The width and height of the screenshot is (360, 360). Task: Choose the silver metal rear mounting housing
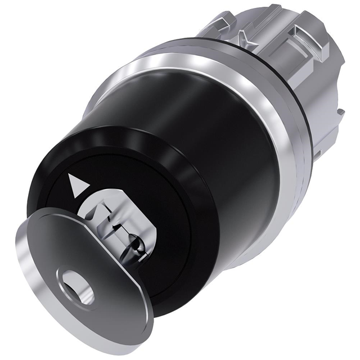(x=292, y=84)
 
